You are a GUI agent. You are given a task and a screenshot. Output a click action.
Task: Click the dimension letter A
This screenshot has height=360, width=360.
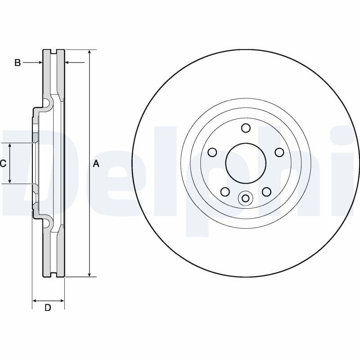(x=95, y=164)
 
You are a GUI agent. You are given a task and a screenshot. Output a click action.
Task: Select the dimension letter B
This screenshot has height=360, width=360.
(x=18, y=63)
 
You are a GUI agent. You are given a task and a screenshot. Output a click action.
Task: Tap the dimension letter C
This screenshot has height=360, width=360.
(x=3, y=163)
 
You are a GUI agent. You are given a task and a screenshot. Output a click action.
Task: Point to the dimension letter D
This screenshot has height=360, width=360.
(x=48, y=308)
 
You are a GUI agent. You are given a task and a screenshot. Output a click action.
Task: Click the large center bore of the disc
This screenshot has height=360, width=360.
(x=245, y=163)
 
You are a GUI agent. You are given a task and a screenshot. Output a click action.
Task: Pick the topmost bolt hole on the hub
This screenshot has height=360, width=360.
(x=246, y=128)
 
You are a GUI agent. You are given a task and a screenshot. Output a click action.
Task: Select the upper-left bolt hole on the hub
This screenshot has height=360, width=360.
(x=212, y=152)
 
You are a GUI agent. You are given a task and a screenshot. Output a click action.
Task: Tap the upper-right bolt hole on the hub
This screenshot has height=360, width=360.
(x=279, y=152)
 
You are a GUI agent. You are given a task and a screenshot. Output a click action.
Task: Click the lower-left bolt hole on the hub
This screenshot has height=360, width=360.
(x=225, y=192)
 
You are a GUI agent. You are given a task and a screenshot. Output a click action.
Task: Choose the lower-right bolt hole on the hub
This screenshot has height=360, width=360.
(x=266, y=192)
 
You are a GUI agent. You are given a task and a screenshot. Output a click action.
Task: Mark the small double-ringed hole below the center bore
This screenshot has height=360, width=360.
(x=246, y=198)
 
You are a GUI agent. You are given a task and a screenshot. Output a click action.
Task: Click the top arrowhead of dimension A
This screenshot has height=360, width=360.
(x=90, y=52)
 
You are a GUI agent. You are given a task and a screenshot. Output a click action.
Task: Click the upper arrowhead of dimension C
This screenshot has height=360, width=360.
(x=10, y=145)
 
